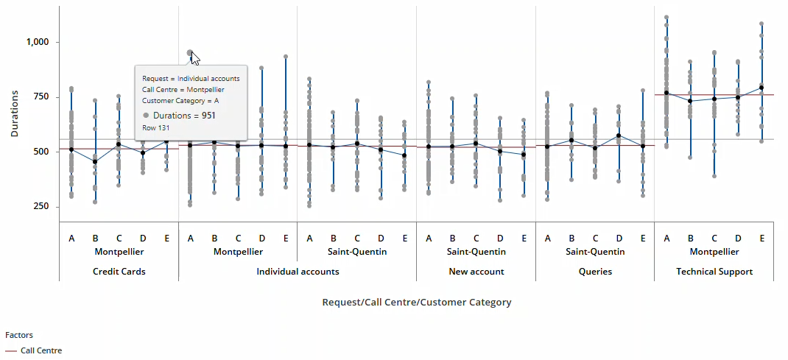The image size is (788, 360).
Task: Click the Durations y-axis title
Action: [15, 113]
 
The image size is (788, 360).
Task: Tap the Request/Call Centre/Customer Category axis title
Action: [416, 302]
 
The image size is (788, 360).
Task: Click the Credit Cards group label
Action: [119, 272]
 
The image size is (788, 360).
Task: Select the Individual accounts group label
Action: [298, 272]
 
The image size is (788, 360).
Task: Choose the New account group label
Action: [476, 272]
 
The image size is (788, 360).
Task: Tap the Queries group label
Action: [594, 272]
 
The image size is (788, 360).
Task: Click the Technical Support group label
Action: [714, 272]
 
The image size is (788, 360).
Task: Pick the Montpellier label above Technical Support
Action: [714, 252]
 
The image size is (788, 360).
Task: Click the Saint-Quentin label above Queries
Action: [594, 252]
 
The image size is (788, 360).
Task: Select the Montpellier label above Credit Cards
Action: [119, 252]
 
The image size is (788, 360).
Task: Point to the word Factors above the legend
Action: [19, 335]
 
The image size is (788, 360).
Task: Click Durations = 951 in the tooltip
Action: [184, 116]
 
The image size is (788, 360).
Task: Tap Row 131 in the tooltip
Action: [155, 128]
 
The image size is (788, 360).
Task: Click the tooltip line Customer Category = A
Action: [180, 101]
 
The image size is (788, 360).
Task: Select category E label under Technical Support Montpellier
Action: [761, 238]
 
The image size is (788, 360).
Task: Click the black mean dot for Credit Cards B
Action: [95, 161]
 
